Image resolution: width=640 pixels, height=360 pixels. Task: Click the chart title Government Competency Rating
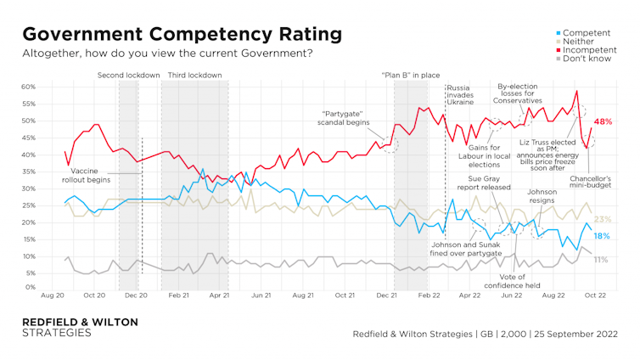[182, 33]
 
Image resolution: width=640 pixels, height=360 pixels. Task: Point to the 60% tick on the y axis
[28, 87]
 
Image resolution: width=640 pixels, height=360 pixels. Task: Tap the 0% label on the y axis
[31, 288]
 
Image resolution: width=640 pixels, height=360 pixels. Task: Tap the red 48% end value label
[603, 122]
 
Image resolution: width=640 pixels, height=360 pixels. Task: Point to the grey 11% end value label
[600, 259]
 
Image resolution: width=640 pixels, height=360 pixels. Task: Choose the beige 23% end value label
[603, 220]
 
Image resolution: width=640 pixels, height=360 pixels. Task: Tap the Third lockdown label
[195, 76]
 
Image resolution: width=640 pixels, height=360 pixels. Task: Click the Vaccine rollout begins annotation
[91, 176]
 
